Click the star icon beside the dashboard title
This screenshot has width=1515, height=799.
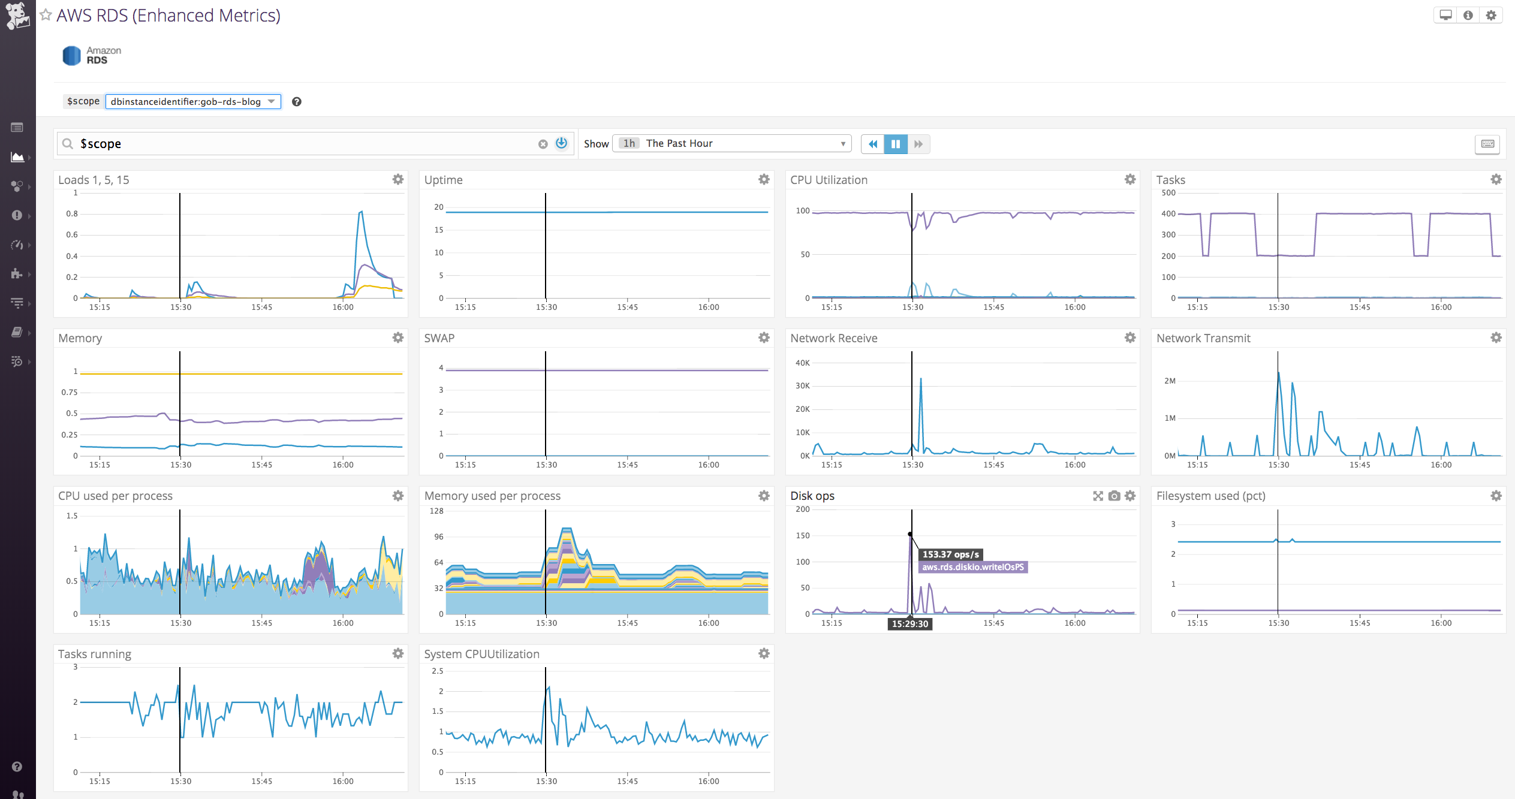tap(46, 15)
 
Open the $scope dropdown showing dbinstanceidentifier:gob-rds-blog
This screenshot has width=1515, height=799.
tap(192, 101)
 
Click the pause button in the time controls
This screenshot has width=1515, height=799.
tap(895, 144)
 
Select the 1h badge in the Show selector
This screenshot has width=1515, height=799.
tap(628, 143)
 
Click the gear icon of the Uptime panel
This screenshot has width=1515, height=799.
tap(763, 179)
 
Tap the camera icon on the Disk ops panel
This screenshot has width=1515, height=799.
tap(1114, 496)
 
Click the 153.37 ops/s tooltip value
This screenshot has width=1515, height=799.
tap(950, 554)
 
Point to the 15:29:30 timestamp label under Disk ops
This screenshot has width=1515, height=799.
tap(909, 624)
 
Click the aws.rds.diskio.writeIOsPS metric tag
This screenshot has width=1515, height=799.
tap(972, 567)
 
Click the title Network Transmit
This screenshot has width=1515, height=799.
tap(1203, 338)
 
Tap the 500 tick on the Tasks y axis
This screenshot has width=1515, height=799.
tap(1168, 193)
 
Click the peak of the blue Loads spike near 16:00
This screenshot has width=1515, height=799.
tap(361, 212)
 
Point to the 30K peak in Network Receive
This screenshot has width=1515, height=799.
tap(920, 379)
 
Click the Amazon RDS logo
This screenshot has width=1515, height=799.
tap(92, 55)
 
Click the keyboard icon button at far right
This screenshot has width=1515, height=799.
tap(1487, 144)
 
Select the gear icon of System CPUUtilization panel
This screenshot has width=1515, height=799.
tap(763, 653)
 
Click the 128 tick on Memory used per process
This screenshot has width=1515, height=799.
tap(436, 511)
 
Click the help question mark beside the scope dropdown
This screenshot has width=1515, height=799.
tap(296, 102)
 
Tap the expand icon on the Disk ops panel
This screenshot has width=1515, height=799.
tap(1098, 496)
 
